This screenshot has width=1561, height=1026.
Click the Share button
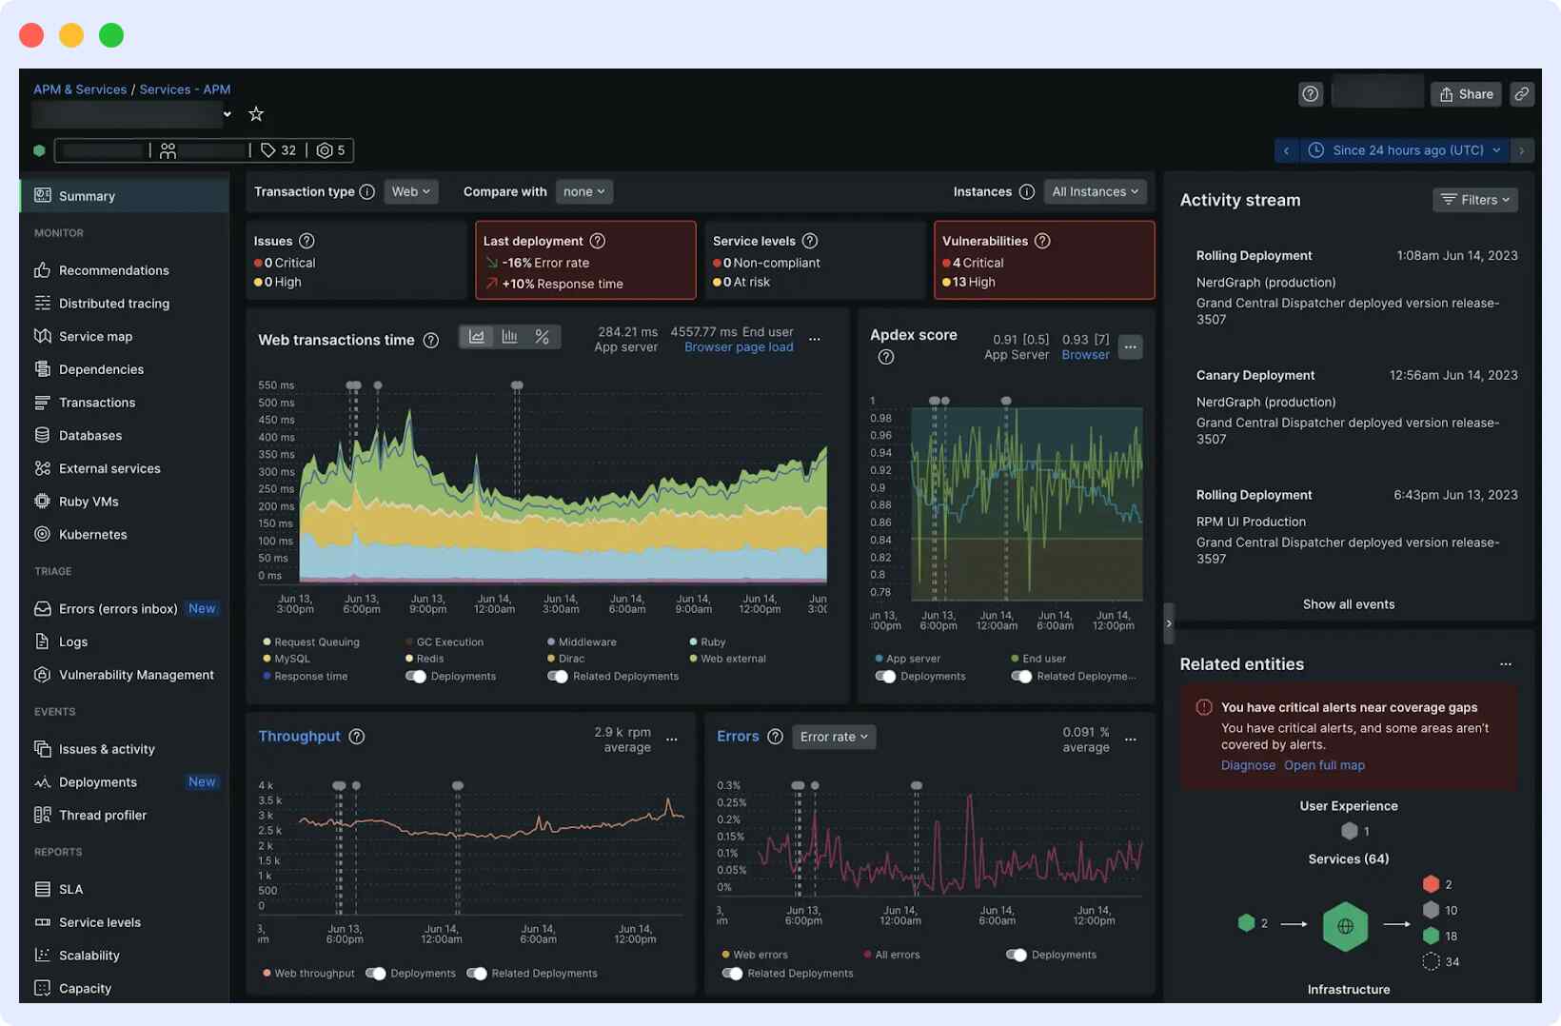click(1466, 94)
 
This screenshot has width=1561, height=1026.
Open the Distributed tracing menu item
click(113, 304)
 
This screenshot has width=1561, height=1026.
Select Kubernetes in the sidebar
click(92, 535)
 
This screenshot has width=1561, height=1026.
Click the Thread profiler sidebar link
click(102, 816)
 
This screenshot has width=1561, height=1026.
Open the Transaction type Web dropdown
click(410, 192)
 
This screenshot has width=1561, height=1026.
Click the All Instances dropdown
click(1095, 192)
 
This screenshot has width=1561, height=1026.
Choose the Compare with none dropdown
click(583, 192)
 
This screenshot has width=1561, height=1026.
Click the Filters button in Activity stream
click(1474, 200)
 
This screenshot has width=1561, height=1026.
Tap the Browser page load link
click(738, 347)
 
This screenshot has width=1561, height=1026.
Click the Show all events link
click(1348, 604)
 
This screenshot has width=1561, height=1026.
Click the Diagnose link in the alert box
click(1247, 765)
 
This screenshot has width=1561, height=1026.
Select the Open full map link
click(1323, 765)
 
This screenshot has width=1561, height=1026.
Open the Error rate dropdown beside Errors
click(834, 737)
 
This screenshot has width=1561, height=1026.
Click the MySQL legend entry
click(291, 659)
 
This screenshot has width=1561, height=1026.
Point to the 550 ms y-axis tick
click(276, 385)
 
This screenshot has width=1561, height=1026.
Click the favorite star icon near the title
click(256, 114)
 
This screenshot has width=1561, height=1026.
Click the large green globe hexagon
click(1345, 926)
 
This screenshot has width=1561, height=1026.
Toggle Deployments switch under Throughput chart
click(376, 974)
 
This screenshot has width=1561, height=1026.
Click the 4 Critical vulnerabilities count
click(977, 264)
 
